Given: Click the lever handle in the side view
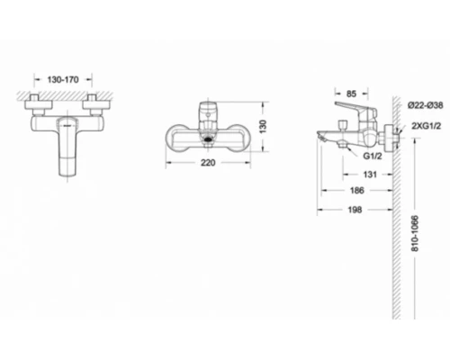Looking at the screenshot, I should [364, 112].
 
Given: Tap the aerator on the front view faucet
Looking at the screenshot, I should [209, 139].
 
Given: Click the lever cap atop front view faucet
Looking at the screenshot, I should [208, 108].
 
